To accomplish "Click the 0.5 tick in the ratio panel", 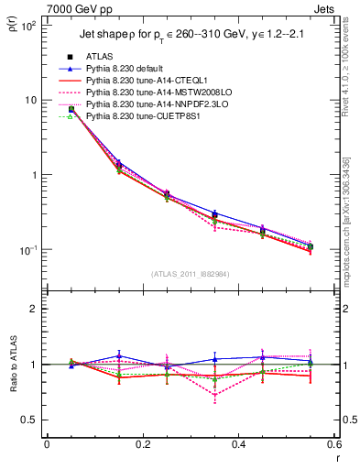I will [x=33, y=420].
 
